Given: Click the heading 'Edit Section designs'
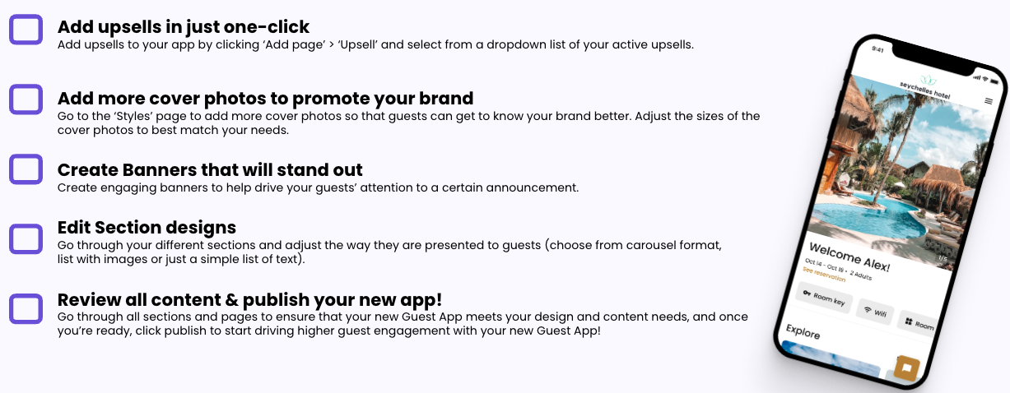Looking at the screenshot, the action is pos(147,228).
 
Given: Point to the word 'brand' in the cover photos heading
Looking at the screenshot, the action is pos(446,99).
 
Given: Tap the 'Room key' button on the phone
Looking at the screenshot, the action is pos(823,298).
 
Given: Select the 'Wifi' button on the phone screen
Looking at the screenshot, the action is pos(875,311).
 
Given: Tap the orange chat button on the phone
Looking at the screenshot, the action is pos(907,368).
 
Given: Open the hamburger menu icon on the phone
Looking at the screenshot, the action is pos(989,101).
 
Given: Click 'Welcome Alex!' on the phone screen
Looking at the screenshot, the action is pos(849,257).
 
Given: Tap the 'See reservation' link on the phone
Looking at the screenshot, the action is pos(824,274).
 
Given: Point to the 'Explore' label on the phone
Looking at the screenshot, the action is pos(803,332).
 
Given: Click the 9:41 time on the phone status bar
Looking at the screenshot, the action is pos(877,49).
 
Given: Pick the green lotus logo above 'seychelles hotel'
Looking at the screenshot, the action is pos(928,80).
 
